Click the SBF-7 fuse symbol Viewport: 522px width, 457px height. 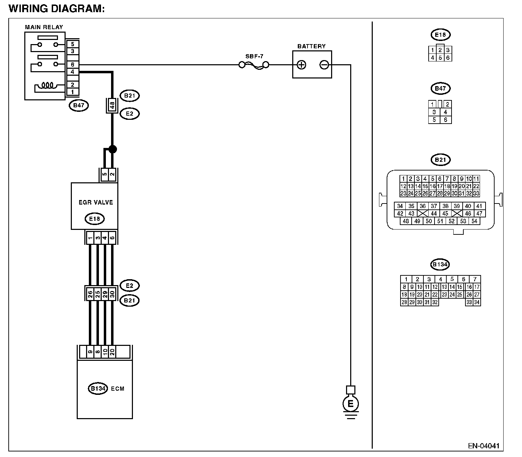click(x=254, y=65)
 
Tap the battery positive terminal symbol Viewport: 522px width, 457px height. click(x=301, y=65)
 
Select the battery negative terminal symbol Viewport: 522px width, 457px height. click(x=324, y=65)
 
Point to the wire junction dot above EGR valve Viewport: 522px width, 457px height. click(x=112, y=149)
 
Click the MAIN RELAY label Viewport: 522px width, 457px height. click(x=44, y=27)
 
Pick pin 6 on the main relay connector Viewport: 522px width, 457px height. click(x=73, y=65)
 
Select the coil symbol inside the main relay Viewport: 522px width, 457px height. click(x=48, y=85)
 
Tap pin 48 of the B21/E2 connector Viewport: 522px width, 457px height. click(x=112, y=105)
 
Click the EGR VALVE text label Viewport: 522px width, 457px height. click(x=96, y=202)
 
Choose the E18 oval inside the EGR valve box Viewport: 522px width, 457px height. click(x=94, y=219)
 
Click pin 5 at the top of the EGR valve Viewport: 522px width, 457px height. click(x=104, y=175)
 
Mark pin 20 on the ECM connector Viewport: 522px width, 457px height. click(x=112, y=352)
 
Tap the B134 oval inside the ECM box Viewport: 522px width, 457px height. click(x=98, y=388)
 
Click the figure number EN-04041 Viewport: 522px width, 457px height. click(x=483, y=446)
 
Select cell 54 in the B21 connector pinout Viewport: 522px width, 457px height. click(x=474, y=221)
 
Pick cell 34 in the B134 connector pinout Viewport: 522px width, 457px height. click(x=477, y=302)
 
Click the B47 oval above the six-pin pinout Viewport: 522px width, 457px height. click(x=440, y=89)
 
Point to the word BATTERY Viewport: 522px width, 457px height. click(x=312, y=47)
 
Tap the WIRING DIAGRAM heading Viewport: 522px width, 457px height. click(x=56, y=8)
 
